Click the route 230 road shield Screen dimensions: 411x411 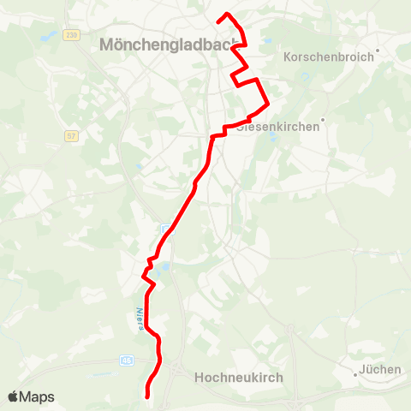point(71,34)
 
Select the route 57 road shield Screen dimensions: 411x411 point(71,135)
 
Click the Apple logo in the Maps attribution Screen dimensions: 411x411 point(14,396)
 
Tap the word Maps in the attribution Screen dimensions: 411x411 point(38,396)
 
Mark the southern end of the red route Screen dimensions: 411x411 point(148,395)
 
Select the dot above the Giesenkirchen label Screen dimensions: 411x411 point(323,120)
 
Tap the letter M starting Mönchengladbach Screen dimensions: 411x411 point(107,45)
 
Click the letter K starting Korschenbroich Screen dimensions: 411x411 point(287,57)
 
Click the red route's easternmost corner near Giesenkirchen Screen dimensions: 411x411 point(269,104)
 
